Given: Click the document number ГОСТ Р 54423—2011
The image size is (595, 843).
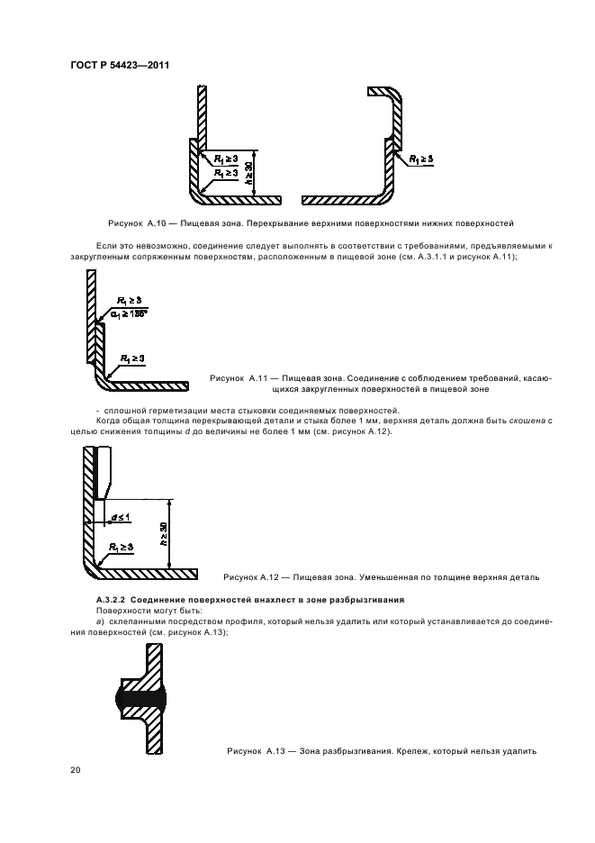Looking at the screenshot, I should pos(121,66).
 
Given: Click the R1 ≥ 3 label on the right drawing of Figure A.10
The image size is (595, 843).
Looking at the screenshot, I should pos(419,159).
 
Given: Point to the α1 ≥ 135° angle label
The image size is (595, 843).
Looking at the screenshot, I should pos(130,313).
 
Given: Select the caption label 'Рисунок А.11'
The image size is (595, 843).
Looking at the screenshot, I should pos(239,379).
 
